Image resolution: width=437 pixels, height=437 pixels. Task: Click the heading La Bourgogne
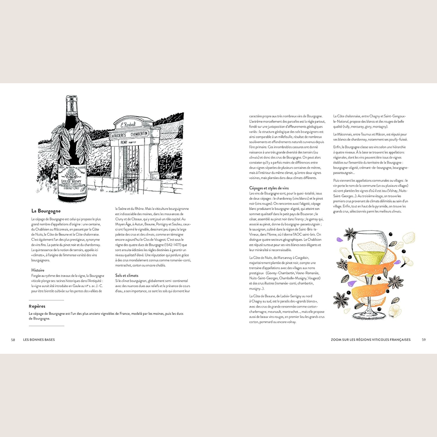click(46, 211)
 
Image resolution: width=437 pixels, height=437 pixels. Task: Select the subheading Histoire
click(38, 270)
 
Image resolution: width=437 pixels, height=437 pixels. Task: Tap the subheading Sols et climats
click(127, 276)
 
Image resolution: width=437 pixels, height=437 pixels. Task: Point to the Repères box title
click(37, 306)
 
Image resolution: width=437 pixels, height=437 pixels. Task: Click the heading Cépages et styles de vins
click(269, 188)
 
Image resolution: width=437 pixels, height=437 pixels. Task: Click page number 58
click(13, 340)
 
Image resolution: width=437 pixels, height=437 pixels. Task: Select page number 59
click(423, 340)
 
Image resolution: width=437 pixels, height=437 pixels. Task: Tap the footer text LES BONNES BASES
click(39, 340)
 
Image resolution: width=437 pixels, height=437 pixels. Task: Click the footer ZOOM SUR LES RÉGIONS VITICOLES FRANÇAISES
click(370, 340)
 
